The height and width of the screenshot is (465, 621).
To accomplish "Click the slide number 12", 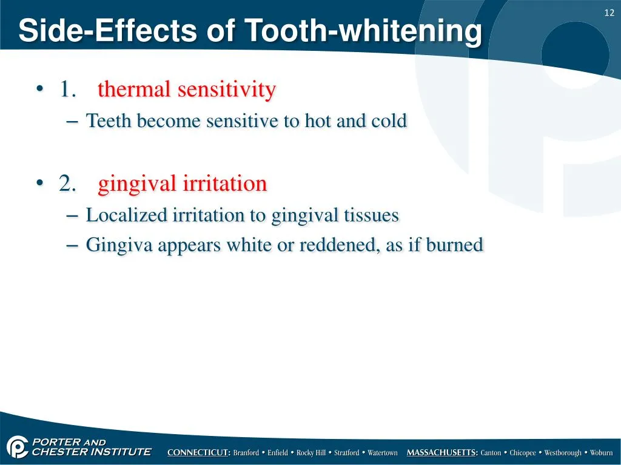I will tap(610, 13).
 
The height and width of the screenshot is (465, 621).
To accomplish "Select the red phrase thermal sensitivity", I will tap(187, 90).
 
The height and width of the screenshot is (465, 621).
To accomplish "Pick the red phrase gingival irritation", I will tap(183, 183).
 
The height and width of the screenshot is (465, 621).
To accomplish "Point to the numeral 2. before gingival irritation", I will tap(67, 183).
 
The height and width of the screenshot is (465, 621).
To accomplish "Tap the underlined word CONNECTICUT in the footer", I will tap(198, 453).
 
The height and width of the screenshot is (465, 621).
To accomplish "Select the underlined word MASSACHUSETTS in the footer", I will tap(442, 453).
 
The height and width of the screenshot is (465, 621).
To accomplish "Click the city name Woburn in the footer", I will tap(602, 453).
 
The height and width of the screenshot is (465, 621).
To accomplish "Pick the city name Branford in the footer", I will tap(247, 453).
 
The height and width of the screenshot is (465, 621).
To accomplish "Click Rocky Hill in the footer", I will tap(311, 453).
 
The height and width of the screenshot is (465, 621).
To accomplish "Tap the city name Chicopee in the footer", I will tap(523, 453).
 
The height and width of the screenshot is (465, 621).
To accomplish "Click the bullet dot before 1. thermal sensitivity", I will tap(39, 90).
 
